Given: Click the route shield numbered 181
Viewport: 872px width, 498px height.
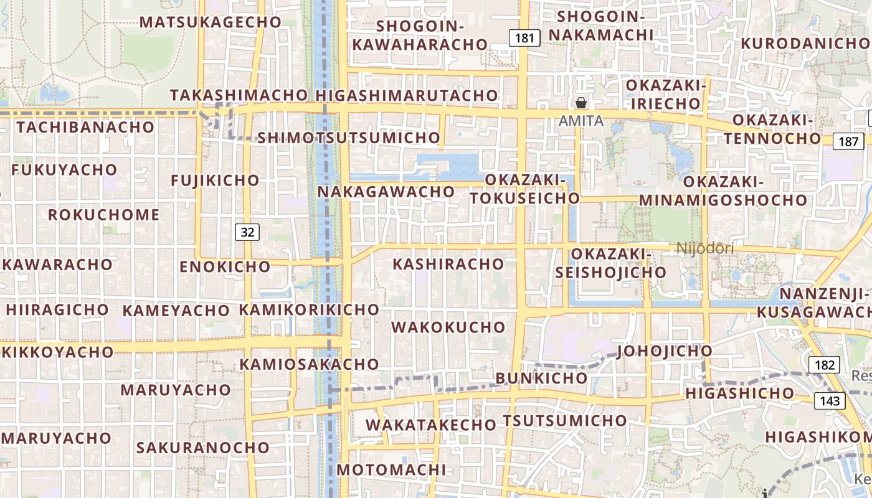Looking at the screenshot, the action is [x=524, y=38].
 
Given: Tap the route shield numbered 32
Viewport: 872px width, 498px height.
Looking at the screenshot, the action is [x=247, y=232].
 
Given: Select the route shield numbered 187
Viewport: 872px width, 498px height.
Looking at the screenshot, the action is [x=848, y=141].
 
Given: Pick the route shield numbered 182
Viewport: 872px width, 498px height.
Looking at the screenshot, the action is [x=824, y=365].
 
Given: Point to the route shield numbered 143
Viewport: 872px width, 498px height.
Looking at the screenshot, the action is [x=830, y=401].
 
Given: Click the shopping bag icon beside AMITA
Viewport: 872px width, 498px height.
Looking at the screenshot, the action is [x=581, y=103].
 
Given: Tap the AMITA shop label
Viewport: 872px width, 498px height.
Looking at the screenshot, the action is [x=581, y=121].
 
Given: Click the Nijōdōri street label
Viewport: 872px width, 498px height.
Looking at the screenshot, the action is [x=705, y=248].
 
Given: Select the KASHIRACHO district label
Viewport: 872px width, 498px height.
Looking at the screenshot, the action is [x=448, y=264].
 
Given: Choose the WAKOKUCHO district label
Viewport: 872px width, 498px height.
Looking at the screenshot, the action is [x=448, y=327].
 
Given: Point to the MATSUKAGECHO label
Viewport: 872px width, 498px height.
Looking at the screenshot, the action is [x=211, y=22].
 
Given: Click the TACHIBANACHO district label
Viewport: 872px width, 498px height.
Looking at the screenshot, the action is [x=85, y=127].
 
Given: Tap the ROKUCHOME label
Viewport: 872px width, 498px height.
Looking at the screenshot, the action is [x=104, y=215].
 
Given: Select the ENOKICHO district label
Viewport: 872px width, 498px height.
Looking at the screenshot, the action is [x=225, y=267].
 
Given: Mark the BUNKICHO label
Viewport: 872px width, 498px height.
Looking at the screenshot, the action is [x=541, y=378].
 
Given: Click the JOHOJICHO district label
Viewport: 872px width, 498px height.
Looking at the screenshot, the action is [x=665, y=352].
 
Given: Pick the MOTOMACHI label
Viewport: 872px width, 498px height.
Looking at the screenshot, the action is [x=392, y=469].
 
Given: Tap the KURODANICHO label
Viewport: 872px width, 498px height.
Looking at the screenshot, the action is [x=804, y=44].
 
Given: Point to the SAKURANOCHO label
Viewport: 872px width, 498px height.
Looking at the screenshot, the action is [x=203, y=448].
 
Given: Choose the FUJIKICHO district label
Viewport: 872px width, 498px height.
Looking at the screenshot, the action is [x=216, y=181].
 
